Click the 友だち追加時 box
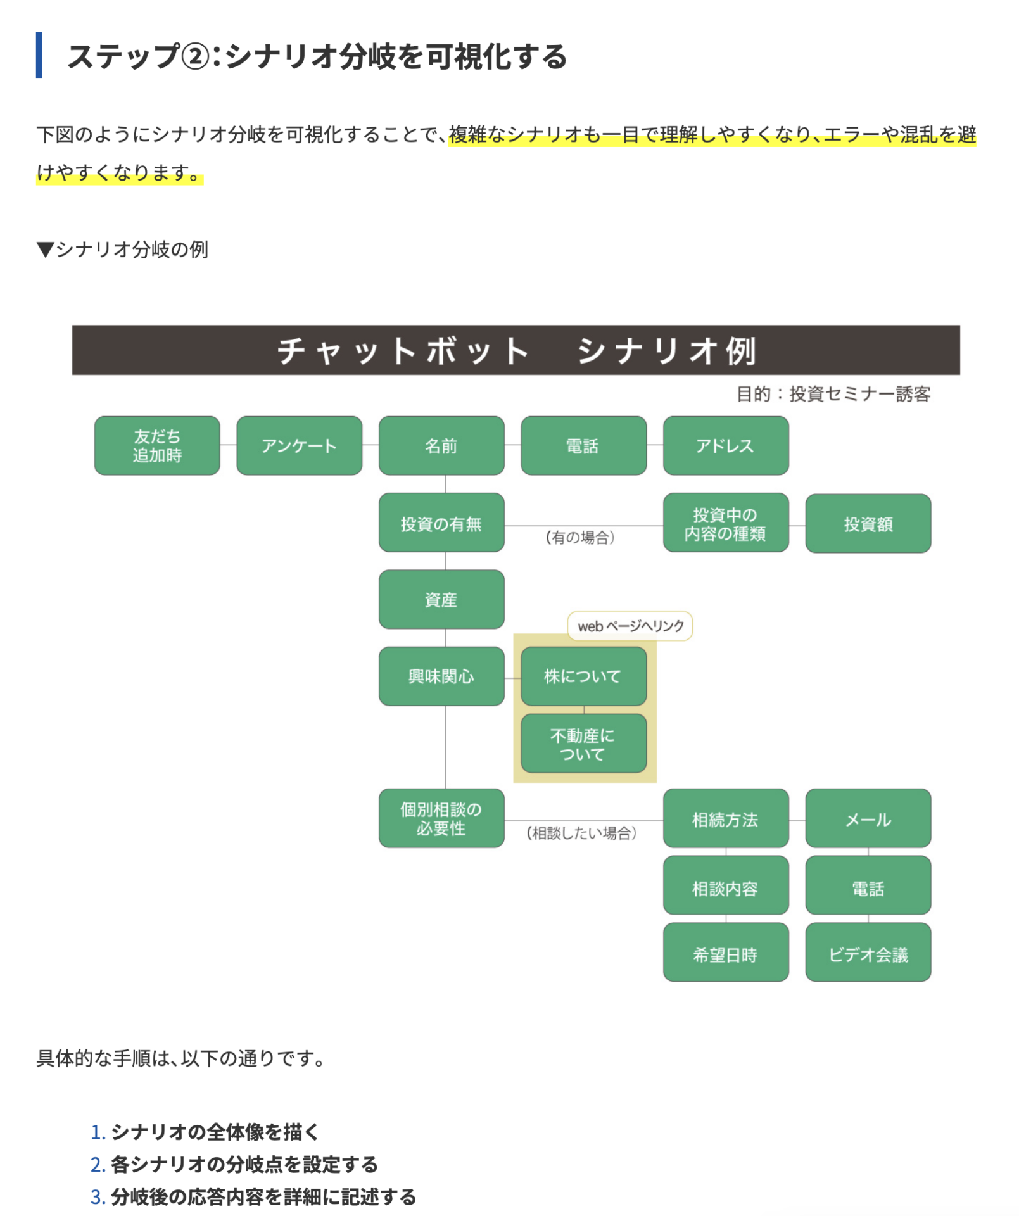click(157, 446)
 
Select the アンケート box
click(300, 446)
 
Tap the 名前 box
click(441, 446)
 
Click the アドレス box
click(726, 446)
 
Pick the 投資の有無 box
click(441, 523)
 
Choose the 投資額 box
click(868, 524)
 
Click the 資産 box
click(441, 600)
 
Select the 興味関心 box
click(441, 676)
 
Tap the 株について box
click(584, 676)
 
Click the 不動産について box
click(584, 744)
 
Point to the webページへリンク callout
click(630, 626)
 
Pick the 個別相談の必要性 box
click(441, 818)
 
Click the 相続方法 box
click(726, 818)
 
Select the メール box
click(868, 818)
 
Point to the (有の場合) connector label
click(580, 538)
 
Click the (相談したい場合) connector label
click(581, 833)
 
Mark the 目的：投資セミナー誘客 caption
click(833, 394)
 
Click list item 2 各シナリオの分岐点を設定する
click(234, 1164)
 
